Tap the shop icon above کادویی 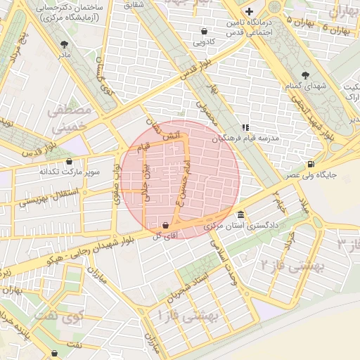[204, 31]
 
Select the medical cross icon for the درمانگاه [249, 11]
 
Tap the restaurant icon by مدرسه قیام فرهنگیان [245, 127]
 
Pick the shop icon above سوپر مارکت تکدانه [69, 161]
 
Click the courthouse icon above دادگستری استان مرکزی [240, 215]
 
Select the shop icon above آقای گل [165, 225]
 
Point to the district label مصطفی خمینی [68, 120]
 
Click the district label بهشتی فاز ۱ [189, 316]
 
